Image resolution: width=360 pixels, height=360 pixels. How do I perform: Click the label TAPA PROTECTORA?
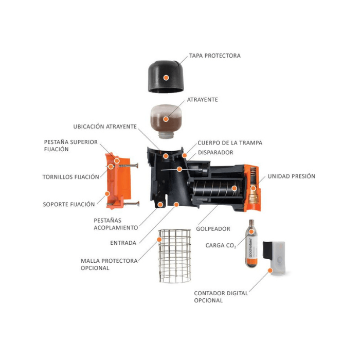(x=214, y=56)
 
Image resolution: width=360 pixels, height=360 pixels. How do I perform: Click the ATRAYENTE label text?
(x=202, y=99)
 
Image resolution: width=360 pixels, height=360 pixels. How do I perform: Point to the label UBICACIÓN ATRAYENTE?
(x=105, y=127)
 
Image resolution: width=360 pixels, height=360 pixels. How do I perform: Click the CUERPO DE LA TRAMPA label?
(x=230, y=142)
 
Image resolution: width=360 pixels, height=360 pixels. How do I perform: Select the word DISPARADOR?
(x=215, y=152)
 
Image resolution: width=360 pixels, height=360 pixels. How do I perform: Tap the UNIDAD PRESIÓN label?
(x=291, y=176)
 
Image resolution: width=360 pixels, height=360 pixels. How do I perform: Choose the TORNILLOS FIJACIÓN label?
(x=70, y=177)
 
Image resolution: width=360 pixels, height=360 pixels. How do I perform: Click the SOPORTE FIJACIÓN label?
(x=69, y=204)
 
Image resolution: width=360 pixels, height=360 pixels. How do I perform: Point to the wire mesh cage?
(x=173, y=256)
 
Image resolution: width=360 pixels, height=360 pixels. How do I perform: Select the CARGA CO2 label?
(x=221, y=246)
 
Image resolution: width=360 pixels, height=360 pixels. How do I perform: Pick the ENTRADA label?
(x=123, y=243)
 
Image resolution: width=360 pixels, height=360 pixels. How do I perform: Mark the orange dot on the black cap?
(x=166, y=78)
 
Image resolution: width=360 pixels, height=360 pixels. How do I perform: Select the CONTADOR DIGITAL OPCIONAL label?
(x=221, y=297)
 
